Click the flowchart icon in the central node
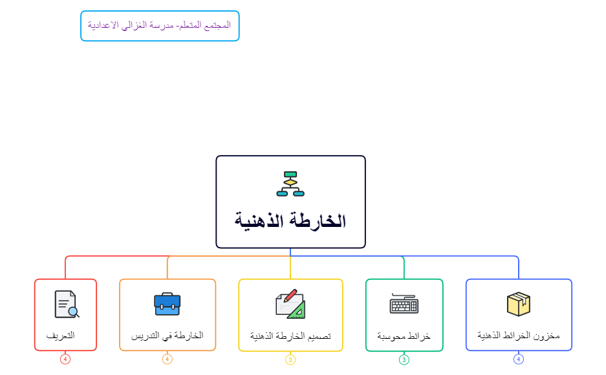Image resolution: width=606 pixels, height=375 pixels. pyautogui.click(x=290, y=184)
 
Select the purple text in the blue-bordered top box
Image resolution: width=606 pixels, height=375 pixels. pyautogui.click(x=159, y=25)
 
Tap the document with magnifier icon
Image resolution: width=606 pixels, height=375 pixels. pyautogui.click(x=67, y=305)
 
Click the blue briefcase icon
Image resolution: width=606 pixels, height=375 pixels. pyautogui.click(x=168, y=304)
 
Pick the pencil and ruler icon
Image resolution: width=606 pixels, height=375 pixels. pyautogui.click(x=290, y=304)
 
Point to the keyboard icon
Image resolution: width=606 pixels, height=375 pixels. pyautogui.click(x=404, y=303)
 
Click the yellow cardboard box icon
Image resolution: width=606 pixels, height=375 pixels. pyautogui.click(x=519, y=304)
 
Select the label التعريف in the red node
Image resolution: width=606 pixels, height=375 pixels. pyautogui.click(x=61, y=335)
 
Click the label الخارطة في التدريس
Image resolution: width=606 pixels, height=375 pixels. pyautogui.click(x=168, y=335)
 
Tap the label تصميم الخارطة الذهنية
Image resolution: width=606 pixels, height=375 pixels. pyautogui.click(x=290, y=336)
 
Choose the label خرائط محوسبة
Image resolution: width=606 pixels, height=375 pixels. pyautogui.click(x=404, y=336)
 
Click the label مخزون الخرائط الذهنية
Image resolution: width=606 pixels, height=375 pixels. pyautogui.click(x=519, y=335)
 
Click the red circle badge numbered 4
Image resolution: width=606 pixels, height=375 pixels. pyautogui.click(x=65, y=359)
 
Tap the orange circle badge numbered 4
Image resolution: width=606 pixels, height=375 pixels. pyautogui.click(x=168, y=359)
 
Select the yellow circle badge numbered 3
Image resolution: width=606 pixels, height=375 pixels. pyautogui.click(x=290, y=360)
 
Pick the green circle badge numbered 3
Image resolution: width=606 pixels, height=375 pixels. pyautogui.click(x=404, y=360)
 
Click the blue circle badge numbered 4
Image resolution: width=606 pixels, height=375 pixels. pyautogui.click(x=519, y=359)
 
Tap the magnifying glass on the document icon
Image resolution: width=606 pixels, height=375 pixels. pyautogui.click(x=74, y=312)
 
